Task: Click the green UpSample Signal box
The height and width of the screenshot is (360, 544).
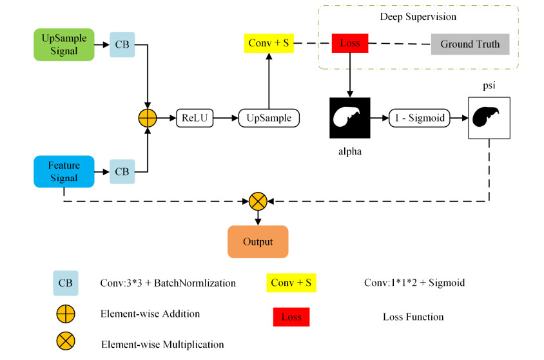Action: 64,44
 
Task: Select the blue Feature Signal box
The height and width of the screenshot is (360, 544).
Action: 64,171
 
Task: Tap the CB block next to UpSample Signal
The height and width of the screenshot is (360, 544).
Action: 122,44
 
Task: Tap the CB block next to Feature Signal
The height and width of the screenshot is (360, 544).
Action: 122,171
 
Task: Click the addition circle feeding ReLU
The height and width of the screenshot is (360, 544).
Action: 148,118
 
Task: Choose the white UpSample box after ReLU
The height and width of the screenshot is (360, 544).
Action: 269,118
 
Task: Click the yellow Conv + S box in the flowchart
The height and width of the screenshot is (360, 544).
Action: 269,44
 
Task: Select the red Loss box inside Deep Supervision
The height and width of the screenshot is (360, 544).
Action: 349,44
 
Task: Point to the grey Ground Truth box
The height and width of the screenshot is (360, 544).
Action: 470,44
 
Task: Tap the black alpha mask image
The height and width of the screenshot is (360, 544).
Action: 349,118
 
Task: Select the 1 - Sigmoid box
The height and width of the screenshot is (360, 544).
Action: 419,118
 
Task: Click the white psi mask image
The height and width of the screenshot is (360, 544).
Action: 489,118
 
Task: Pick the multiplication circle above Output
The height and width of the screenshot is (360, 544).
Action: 258,201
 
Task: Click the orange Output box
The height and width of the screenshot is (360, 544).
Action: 258,242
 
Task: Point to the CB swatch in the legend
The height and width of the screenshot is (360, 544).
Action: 66,283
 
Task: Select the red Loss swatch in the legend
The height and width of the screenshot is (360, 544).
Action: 291,317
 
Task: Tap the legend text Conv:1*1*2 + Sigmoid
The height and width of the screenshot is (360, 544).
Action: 414,283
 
